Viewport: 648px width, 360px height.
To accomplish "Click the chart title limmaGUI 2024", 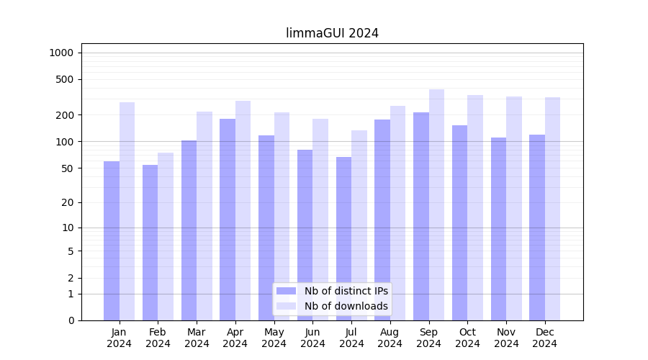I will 332,33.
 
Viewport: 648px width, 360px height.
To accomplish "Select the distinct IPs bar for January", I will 112,240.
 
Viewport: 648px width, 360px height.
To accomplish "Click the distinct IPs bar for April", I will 228,220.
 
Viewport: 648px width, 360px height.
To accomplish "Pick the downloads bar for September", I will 436,204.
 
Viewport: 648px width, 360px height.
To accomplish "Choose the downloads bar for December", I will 552,209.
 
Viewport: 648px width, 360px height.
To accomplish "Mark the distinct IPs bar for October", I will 459,222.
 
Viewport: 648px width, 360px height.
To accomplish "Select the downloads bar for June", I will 320,220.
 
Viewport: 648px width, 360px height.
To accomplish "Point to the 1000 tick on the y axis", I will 61,53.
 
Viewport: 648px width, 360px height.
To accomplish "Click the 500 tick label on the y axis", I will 66,79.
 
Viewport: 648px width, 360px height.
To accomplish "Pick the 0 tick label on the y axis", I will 71,320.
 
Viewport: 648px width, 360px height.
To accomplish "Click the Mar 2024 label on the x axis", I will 197,338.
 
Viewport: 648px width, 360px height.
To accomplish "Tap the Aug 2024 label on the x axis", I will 390,338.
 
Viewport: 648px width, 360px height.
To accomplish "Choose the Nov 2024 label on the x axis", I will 506,338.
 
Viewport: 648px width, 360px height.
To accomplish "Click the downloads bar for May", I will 282,216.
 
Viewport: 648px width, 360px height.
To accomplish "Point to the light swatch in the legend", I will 286,306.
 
